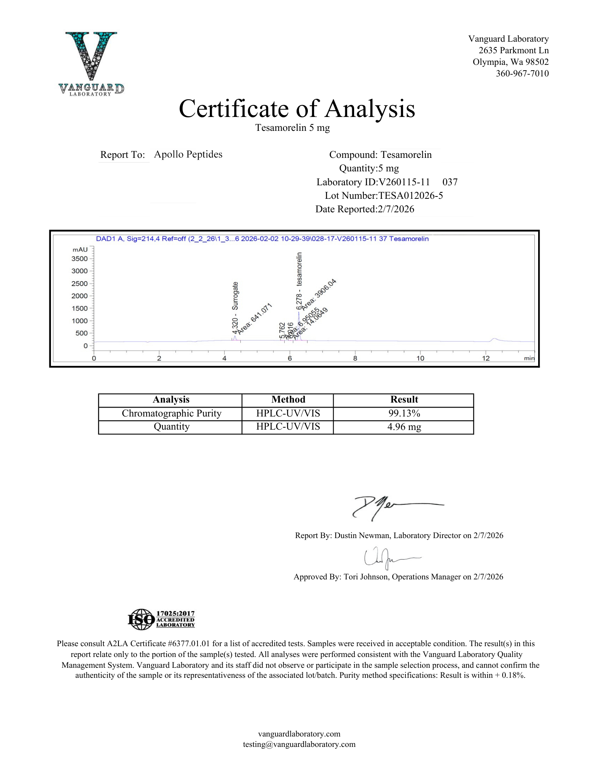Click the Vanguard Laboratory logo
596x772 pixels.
(91, 63)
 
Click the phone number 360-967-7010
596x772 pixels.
(522, 73)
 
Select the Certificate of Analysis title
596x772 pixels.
(297, 108)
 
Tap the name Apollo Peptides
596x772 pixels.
(188, 154)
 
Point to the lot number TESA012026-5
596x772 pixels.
(410, 196)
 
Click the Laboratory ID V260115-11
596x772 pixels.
(404, 182)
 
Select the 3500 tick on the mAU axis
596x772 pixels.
(79, 259)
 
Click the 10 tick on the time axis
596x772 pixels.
(420, 358)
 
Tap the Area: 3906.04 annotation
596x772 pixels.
(319, 294)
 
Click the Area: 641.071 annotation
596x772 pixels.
(255, 318)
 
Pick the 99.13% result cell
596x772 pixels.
(404, 413)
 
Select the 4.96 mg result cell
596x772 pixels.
(404, 427)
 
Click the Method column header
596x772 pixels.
(288, 400)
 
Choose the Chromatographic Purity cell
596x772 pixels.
(172, 413)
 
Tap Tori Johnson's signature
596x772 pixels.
(386, 557)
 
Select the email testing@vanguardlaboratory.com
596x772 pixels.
(299, 744)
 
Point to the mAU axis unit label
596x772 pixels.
(80, 250)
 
